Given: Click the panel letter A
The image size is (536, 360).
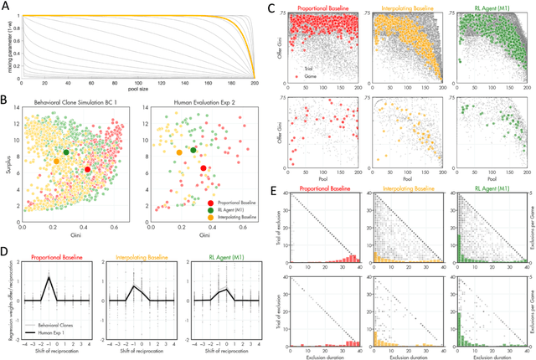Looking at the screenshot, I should tap(5, 8).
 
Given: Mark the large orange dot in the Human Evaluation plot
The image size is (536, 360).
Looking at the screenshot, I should tap(178, 154).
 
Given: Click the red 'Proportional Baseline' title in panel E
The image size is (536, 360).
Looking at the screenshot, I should tap(324, 189).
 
